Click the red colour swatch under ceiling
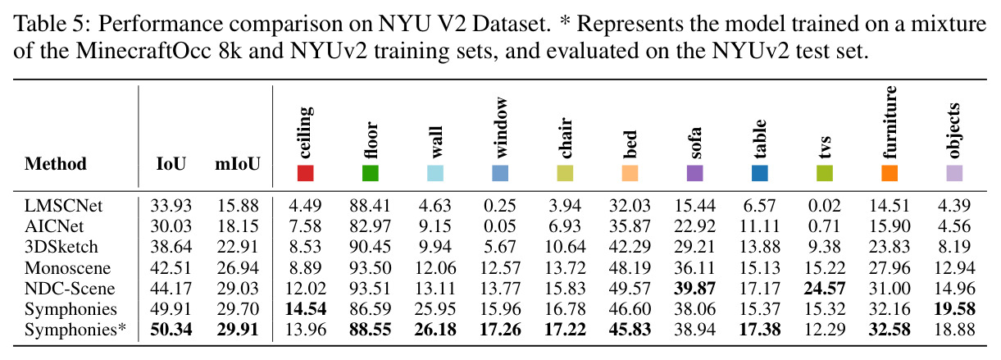click(x=306, y=173)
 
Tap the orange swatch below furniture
click(x=890, y=173)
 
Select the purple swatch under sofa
click(x=695, y=173)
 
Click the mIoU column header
click(x=238, y=164)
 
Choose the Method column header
click(x=56, y=164)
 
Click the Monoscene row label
click(x=67, y=268)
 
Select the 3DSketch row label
click(x=61, y=247)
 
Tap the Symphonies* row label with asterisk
click(x=75, y=330)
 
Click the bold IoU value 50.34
click(x=171, y=330)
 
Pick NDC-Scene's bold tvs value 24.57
click(x=825, y=289)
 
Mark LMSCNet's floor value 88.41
click(x=370, y=206)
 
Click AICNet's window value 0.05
click(x=499, y=226)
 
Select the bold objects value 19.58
click(x=954, y=309)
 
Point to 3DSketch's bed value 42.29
click(x=630, y=247)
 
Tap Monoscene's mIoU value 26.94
click(x=238, y=268)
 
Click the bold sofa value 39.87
click(x=695, y=289)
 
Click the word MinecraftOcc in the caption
click(x=143, y=51)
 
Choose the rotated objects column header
click(x=954, y=130)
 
